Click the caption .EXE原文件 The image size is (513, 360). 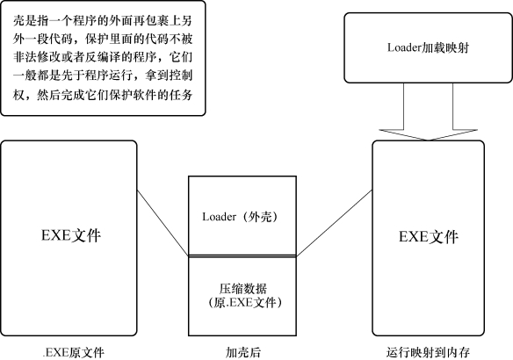74,352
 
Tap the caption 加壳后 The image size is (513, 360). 243,352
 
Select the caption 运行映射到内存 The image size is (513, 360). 428,352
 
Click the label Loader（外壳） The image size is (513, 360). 240,217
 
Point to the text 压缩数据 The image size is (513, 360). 242,288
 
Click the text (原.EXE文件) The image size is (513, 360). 245,302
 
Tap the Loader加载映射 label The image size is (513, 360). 429,47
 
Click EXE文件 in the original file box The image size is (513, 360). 71,235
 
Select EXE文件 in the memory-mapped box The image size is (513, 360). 429,236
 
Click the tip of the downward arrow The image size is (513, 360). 428,140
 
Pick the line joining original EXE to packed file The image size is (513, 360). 163,223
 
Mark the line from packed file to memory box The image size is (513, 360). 335,223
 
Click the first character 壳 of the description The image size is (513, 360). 19,21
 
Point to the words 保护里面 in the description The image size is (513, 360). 108,40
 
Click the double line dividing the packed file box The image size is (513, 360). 242,256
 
